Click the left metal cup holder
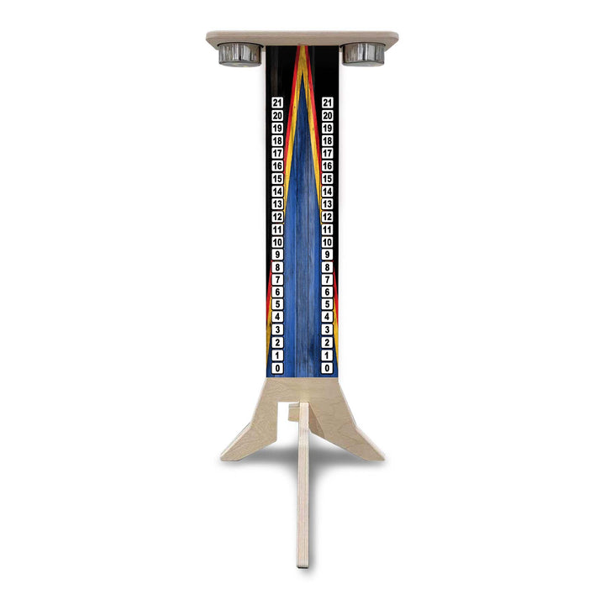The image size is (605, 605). [240, 54]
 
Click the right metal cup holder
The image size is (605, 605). [363, 54]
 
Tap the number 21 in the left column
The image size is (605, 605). [278, 103]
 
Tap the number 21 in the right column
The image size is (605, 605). [328, 103]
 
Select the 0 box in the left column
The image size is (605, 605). [278, 368]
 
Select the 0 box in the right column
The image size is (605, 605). [328, 368]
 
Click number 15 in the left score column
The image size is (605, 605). [278, 179]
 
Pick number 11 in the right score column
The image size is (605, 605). [328, 229]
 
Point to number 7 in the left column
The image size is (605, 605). [278, 280]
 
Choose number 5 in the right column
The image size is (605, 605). [328, 305]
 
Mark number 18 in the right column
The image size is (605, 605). [328, 141]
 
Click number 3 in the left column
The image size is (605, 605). [278, 330]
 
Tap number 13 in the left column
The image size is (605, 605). [278, 204]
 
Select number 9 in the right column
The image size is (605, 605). [328, 255]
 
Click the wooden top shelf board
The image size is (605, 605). [302, 37]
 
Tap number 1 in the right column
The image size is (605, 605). [328, 355]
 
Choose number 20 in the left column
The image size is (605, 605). [278, 115]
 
